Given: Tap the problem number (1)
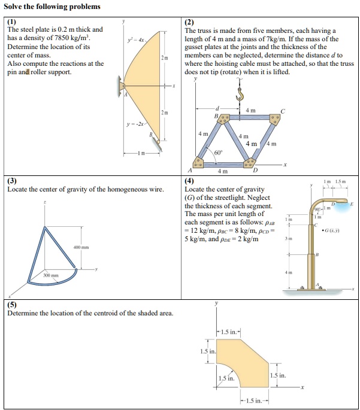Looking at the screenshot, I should pyautogui.click(x=13, y=22).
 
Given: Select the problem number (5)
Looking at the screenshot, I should pyautogui.click(x=13, y=305).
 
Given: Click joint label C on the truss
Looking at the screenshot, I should pyautogui.click(x=284, y=110).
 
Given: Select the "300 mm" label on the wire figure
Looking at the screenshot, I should pyautogui.click(x=51, y=275).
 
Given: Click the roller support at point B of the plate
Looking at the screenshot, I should pyautogui.click(x=158, y=142).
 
